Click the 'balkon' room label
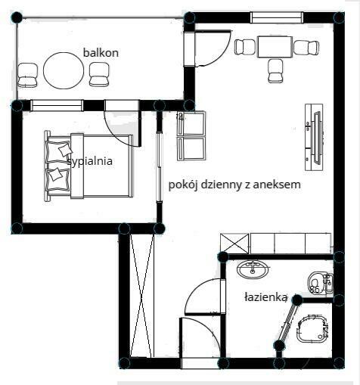click(101, 52)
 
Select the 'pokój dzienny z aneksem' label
click(235, 184)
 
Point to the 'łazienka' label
click(265, 297)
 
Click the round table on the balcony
click(64, 70)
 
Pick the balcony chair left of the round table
click(29, 74)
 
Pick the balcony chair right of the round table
click(100, 74)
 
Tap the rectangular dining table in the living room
click(275, 46)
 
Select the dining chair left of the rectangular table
click(244, 47)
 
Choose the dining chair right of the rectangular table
click(306, 47)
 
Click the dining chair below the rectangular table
click(275, 71)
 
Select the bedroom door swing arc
click(120, 126)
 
